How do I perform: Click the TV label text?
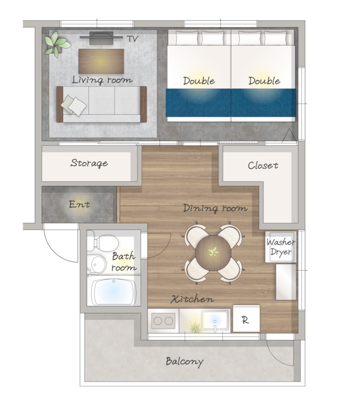(x=132, y=39)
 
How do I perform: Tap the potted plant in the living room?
(x=57, y=44)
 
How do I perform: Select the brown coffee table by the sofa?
(x=101, y=61)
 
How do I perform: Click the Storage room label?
(x=89, y=163)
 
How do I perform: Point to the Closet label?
(x=263, y=165)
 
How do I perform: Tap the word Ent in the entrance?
(x=79, y=204)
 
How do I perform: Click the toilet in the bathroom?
(x=103, y=243)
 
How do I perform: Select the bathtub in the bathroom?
(x=114, y=291)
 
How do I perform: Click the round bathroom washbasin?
(x=97, y=264)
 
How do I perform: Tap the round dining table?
(x=213, y=253)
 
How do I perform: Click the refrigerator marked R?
(x=246, y=318)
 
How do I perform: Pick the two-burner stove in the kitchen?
(x=163, y=321)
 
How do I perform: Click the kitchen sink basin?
(x=214, y=320)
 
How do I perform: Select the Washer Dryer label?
(x=280, y=247)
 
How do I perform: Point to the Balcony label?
(x=184, y=361)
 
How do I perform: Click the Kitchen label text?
(x=192, y=299)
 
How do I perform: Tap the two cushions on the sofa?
(x=73, y=105)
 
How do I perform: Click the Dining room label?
(x=215, y=208)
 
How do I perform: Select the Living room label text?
(x=102, y=80)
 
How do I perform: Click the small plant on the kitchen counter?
(x=195, y=327)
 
